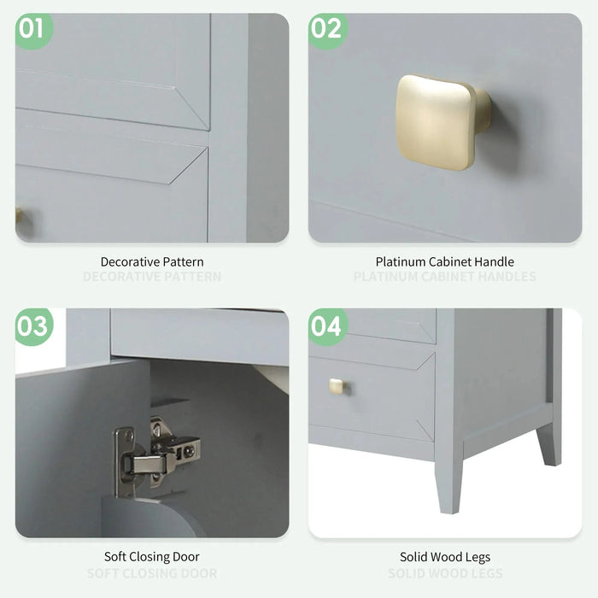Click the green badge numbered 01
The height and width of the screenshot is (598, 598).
[32, 30]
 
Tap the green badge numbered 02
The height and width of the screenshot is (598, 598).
[326, 30]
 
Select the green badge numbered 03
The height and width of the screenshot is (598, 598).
[32, 326]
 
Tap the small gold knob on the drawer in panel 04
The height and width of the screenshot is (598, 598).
[337, 386]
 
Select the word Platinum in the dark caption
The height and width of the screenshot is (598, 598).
[400, 261]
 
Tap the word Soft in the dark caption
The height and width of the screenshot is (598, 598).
[115, 557]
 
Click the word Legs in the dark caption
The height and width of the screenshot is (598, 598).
[477, 557]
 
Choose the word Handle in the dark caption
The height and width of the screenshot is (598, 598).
[495, 261]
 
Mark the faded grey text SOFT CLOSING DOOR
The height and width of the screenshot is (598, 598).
[152, 573]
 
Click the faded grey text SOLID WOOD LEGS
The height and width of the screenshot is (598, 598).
[445, 573]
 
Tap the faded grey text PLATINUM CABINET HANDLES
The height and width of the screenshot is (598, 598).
[445, 277]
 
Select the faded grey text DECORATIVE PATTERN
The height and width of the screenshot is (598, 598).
[152, 277]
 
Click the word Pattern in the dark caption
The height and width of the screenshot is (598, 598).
[185, 261]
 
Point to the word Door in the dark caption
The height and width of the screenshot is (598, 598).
[186, 557]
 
